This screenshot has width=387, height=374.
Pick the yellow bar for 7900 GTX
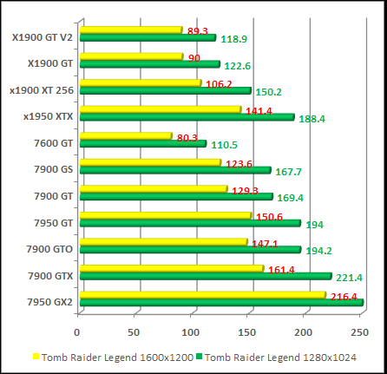169,269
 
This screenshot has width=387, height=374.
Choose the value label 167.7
289,171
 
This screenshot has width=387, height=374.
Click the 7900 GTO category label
49,248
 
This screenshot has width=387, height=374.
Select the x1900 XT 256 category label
42,89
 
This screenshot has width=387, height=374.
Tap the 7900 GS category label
53,169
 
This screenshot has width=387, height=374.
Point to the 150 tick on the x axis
247,332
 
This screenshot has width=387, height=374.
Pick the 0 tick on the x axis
78,332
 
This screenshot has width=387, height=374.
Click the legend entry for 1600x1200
113,356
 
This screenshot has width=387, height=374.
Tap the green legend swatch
200,356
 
